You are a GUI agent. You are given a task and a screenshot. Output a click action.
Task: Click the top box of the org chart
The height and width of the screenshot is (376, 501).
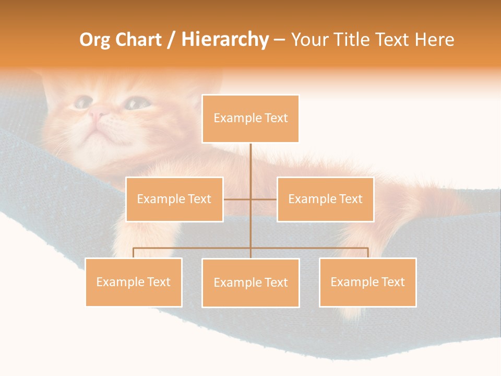tap(250, 119)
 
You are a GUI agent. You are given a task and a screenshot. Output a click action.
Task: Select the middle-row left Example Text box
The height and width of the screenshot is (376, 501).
tap(174, 199)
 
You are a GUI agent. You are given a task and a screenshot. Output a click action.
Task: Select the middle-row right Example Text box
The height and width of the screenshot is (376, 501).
tap(325, 199)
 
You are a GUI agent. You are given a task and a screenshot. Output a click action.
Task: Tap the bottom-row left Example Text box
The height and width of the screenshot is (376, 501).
tap(134, 282)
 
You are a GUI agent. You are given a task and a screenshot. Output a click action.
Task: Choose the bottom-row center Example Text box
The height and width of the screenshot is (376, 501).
tap(250, 283)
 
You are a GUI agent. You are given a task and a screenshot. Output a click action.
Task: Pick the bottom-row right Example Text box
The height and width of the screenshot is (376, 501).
tap(367, 282)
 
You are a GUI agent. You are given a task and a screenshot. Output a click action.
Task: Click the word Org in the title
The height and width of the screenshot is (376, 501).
tap(94, 40)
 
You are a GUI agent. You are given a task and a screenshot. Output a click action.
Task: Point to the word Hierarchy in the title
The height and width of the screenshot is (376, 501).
tap(224, 40)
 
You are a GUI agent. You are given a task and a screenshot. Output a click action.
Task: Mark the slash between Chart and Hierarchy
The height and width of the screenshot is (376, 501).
tap(172, 40)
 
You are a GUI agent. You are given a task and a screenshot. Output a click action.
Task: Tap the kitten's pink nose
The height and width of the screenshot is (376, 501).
tap(98, 112)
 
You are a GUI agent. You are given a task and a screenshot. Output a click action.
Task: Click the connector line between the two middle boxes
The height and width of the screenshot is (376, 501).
tap(250, 199)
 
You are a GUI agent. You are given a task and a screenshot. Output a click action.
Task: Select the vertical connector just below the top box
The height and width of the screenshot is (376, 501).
tap(250, 157)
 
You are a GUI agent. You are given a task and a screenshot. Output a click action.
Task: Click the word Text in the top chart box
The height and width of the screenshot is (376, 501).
tap(276, 118)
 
